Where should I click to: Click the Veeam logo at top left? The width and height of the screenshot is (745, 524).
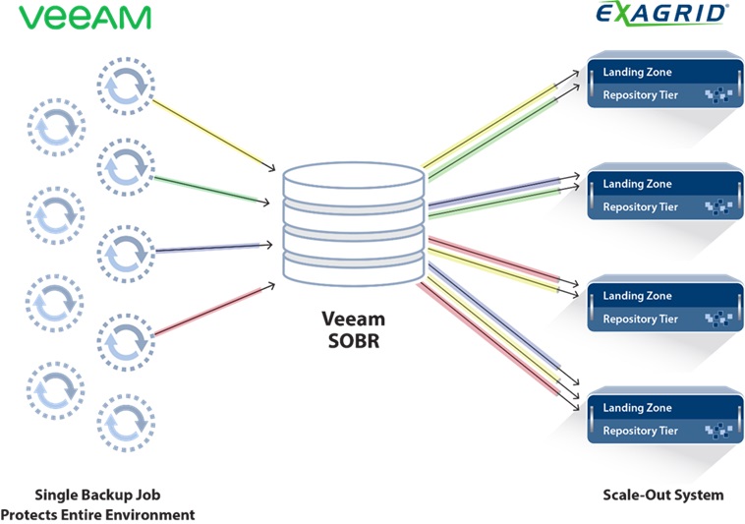[85, 18]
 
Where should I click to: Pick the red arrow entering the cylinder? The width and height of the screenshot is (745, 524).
[211, 307]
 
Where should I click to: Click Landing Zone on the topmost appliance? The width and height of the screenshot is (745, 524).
[637, 73]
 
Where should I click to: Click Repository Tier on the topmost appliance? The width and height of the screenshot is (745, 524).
[640, 96]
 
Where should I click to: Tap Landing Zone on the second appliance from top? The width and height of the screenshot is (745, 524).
[637, 184]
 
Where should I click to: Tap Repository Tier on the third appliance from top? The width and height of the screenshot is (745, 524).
[640, 319]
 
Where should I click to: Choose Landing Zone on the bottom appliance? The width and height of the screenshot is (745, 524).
[637, 408]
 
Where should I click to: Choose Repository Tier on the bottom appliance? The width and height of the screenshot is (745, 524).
[640, 431]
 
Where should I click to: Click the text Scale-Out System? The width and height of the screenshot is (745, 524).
[662, 495]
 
